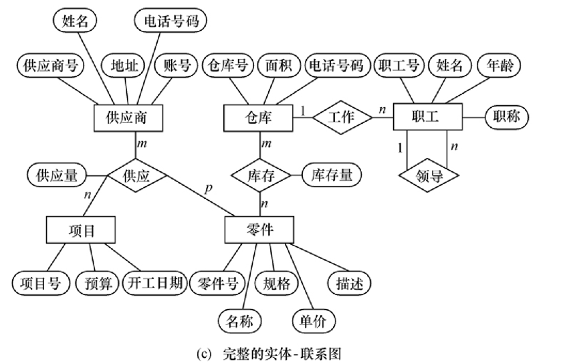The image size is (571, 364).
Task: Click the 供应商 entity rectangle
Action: click(x=126, y=118)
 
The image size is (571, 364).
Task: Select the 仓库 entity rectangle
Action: click(x=257, y=118)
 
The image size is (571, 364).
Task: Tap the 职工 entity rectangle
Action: click(x=426, y=118)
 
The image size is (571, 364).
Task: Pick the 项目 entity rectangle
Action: click(x=82, y=230)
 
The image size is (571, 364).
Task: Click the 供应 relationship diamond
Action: click(x=136, y=176)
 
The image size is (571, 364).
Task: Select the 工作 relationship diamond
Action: click(x=342, y=118)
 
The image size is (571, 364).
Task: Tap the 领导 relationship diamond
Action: click(x=428, y=177)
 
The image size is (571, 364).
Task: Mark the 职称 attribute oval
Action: click(x=505, y=118)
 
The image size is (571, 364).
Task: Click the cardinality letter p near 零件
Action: click(x=208, y=189)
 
